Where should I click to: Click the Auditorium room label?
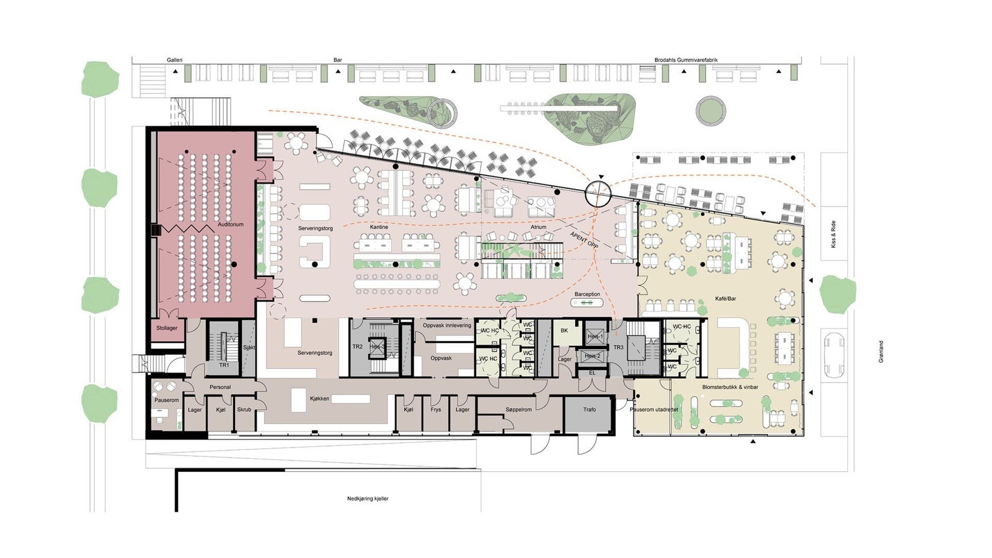tap(231, 224)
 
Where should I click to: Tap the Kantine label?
tap(379, 227)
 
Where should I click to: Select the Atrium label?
tap(538, 227)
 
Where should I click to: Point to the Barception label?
tap(587, 294)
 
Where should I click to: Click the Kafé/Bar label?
tap(725, 299)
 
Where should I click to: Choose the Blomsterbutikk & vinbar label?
tap(730, 387)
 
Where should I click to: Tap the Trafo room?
tap(589, 409)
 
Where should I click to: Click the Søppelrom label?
tap(518, 410)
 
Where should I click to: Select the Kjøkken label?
tap(320, 399)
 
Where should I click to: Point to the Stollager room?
tap(167, 328)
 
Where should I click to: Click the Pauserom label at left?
tap(166, 401)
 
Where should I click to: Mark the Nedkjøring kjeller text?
tap(368, 498)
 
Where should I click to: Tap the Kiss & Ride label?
tap(833, 234)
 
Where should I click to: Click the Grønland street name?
tap(881, 352)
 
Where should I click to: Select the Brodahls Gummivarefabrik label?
tap(686, 60)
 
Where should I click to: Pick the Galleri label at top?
tap(174, 60)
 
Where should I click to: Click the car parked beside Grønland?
tap(834, 355)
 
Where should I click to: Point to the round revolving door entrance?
tap(598, 193)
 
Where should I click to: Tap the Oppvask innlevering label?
tap(447, 325)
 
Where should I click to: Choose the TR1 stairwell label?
tap(224, 365)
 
